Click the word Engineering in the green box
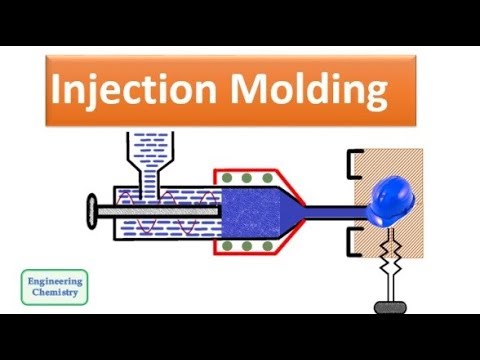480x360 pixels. pos(55,281)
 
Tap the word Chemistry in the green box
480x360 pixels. pos(55,295)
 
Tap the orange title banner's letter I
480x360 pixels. pos(58,92)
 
